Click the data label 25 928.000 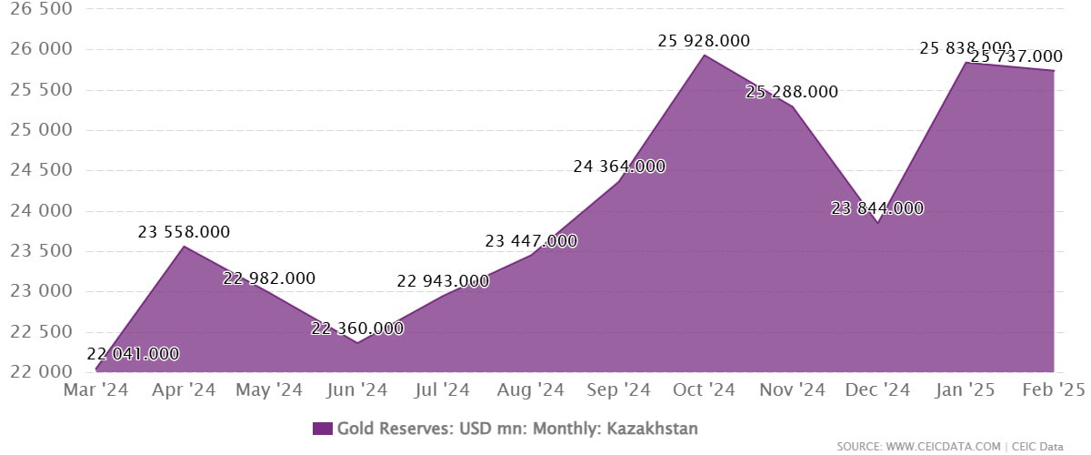(705, 41)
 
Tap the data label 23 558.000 (184, 232)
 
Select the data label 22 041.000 (133, 354)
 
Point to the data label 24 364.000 (619, 167)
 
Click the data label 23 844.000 (877, 208)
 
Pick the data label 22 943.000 (443, 281)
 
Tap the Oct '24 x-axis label (705, 390)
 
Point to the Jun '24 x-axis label (357, 390)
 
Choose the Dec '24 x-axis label (878, 390)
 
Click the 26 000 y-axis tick (37, 49)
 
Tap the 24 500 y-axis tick (37, 170)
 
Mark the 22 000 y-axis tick (37, 371)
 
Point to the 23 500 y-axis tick (37, 251)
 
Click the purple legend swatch (323, 429)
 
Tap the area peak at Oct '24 (705, 56)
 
